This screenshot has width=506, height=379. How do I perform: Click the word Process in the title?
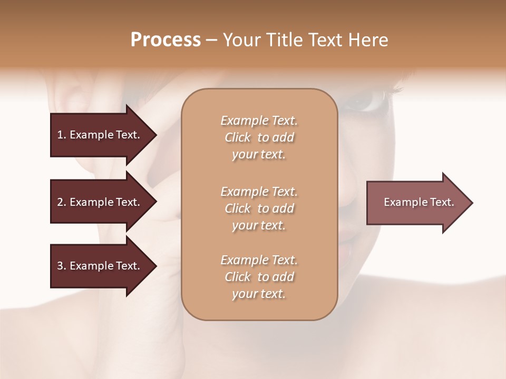coord(166,40)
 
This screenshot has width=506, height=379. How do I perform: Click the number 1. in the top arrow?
coord(62,135)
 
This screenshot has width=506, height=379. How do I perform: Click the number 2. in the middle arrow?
coord(62,202)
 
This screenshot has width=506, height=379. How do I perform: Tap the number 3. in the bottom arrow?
coord(62,266)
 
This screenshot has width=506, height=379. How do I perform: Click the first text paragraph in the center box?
coord(259,137)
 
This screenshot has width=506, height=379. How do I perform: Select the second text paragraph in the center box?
coord(259,208)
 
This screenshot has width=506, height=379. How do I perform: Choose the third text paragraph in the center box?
coord(259,277)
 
